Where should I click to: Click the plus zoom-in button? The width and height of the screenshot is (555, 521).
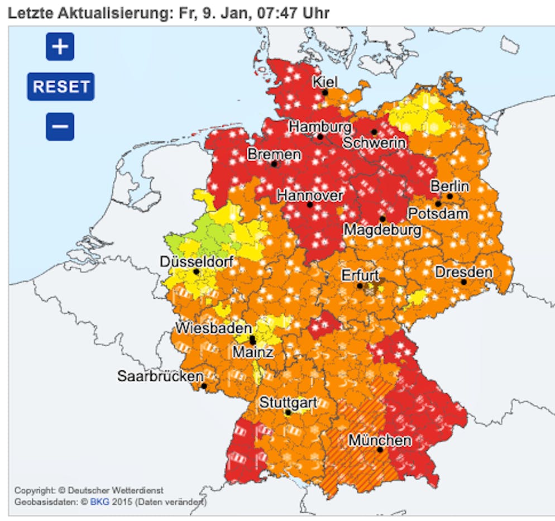[60, 47]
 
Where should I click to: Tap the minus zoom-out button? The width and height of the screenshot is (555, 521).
[60, 127]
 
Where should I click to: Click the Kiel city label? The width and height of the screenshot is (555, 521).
[324, 82]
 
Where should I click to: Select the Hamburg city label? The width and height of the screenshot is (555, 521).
[320, 127]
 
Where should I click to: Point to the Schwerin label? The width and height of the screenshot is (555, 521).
[374, 142]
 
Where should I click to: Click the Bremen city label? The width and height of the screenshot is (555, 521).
[274, 154]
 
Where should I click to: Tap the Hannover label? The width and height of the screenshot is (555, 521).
[310, 195]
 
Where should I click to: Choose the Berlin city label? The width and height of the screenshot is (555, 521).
[449, 186]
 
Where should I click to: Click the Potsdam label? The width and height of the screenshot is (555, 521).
[438, 213]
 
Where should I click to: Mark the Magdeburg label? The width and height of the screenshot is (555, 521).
[382, 230]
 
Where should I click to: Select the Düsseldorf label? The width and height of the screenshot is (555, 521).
[196, 261]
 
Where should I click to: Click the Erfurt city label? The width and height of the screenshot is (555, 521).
[360, 275]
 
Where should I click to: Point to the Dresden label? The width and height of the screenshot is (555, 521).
[463, 272]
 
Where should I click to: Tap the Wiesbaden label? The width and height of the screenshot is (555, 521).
[214, 328]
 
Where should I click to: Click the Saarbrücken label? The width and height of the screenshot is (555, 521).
[160, 376]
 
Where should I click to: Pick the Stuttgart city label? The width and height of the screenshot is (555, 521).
[288, 402]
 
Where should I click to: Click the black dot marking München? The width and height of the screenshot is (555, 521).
[380, 450]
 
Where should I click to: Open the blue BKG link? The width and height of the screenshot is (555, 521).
[97, 501]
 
